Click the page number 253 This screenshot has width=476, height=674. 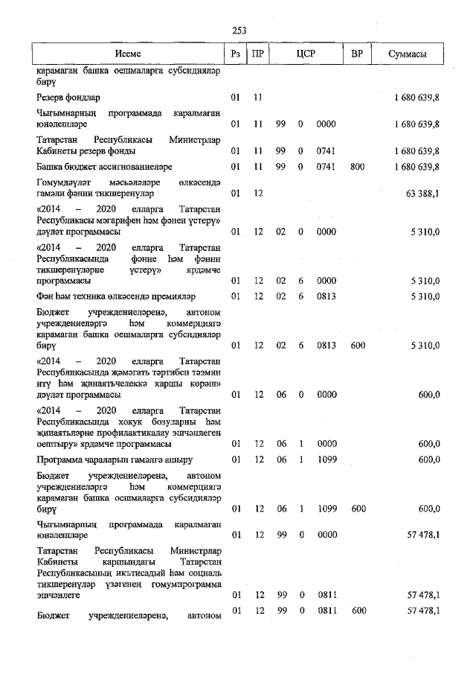(x=239, y=31)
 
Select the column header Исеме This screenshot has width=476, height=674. (x=127, y=55)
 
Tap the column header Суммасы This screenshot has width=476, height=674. (x=407, y=55)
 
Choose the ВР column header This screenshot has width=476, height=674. (x=357, y=55)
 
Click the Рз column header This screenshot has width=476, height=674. (x=236, y=55)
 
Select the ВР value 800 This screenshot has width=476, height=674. (x=357, y=166)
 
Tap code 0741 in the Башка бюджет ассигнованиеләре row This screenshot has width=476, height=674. (x=325, y=166)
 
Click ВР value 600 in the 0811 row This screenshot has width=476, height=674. (x=357, y=611)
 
